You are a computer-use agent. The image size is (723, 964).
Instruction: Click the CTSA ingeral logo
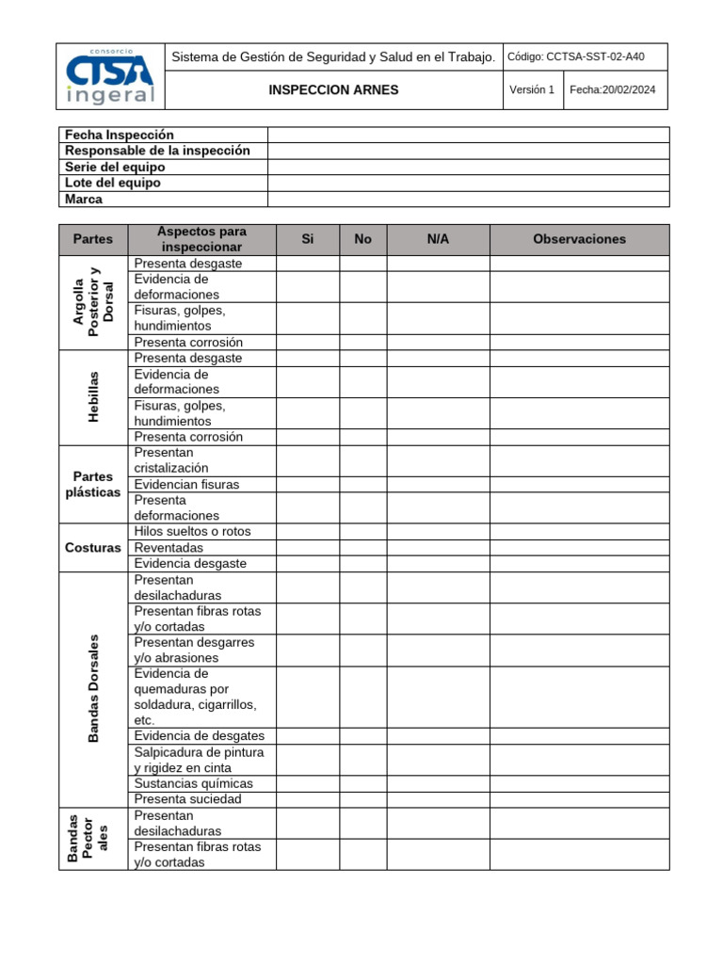110,76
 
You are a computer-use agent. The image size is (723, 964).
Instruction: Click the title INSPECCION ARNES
333,90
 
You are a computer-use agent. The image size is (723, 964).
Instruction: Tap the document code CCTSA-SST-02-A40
575,56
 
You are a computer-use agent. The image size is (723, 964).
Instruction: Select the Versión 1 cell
532,90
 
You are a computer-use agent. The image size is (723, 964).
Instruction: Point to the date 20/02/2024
613,90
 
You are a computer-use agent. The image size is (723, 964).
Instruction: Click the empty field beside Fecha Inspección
468,135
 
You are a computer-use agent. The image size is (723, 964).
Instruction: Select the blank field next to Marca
468,199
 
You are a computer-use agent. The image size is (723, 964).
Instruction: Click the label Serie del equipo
115,167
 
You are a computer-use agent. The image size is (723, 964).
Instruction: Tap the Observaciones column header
579,239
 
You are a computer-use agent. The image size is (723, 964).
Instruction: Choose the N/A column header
438,239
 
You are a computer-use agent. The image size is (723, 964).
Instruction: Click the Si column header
307,239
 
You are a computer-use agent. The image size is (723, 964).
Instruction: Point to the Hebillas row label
93,397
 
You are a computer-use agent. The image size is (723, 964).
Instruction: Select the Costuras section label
93,547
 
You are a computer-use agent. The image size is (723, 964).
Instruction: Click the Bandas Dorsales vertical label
93,688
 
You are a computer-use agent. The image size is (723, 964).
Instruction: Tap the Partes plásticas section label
93,484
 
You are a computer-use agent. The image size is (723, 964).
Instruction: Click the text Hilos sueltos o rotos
192,531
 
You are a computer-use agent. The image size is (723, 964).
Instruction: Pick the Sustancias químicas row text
193,783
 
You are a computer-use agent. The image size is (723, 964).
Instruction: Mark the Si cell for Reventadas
307,547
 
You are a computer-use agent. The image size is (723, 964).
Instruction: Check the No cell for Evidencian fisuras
362,484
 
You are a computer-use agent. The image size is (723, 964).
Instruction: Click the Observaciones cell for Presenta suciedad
579,799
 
